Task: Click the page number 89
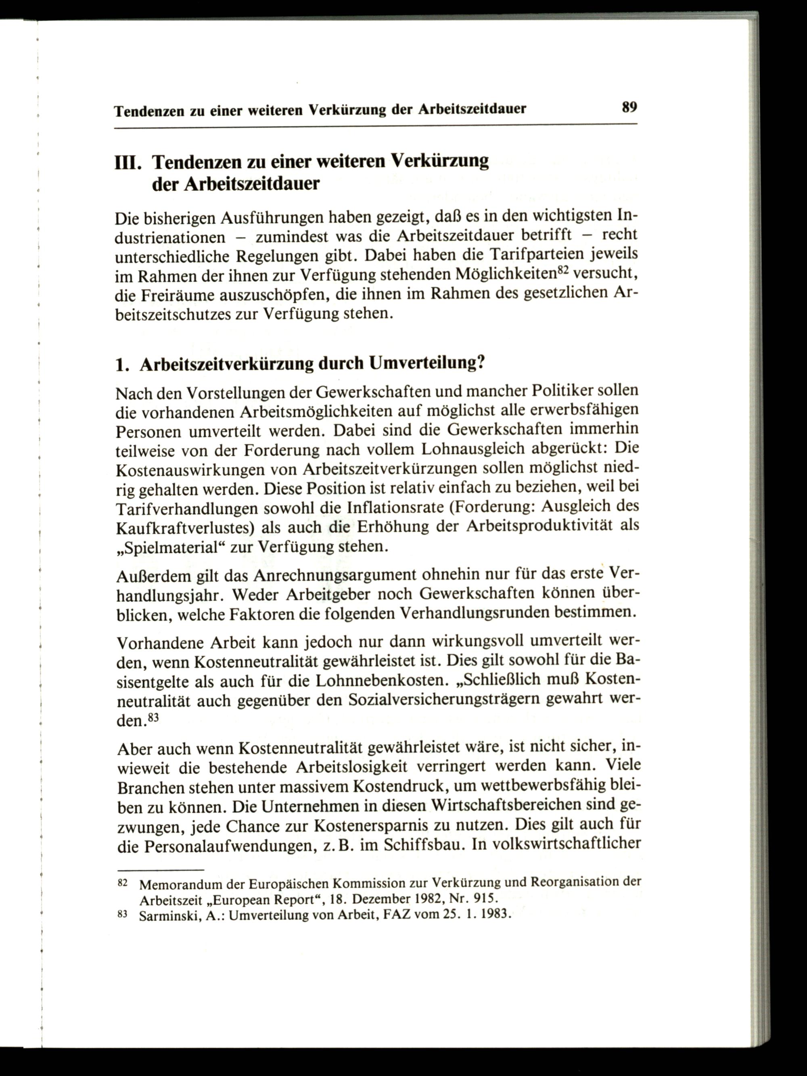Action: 629,107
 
